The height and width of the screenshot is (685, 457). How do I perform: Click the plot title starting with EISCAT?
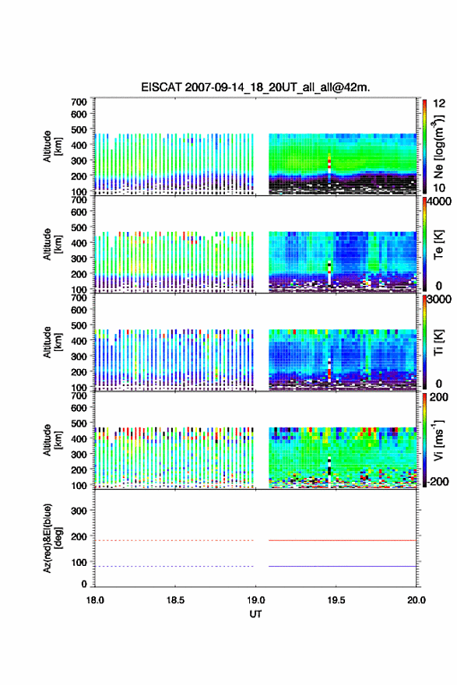click(255, 87)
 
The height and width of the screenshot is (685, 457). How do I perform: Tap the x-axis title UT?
click(255, 614)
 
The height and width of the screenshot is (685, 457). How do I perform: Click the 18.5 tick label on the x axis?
click(175, 600)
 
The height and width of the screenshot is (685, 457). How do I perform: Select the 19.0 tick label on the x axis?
click(255, 600)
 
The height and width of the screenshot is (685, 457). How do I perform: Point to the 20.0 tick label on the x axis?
click(417, 600)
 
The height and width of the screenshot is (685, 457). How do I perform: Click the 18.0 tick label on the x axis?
click(95, 600)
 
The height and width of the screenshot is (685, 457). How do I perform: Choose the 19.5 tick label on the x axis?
click(336, 600)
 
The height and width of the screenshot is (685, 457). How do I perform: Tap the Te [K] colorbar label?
click(438, 244)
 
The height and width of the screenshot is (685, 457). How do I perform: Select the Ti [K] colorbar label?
click(438, 342)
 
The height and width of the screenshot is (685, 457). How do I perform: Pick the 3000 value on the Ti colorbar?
click(439, 299)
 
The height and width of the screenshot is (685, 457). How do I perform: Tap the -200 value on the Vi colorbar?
click(437, 481)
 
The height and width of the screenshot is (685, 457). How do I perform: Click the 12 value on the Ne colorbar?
click(439, 104)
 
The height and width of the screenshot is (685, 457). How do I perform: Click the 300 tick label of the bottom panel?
click(79, 511)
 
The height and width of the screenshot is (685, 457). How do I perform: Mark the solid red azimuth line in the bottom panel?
click(342, 540)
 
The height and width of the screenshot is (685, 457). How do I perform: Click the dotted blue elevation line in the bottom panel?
click(174, 566)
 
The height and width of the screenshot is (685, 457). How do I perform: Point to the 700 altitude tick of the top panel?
click(79, 102)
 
